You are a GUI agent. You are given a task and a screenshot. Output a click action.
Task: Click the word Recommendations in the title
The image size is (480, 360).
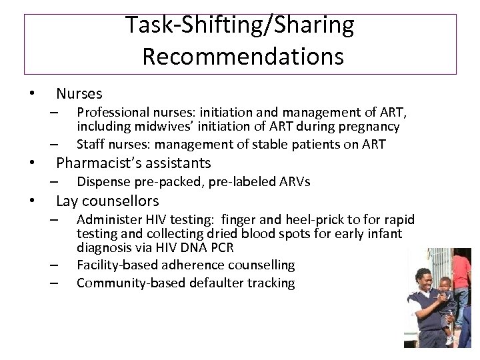click(x=243, y=57)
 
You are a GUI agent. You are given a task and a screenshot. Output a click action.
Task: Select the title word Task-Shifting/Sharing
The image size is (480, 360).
click(x=240, y=25)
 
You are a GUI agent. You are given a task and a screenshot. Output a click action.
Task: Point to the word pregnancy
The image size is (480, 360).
click(x=369, y=126)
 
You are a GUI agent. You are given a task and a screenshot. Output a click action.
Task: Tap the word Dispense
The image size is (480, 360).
click(x=104, y=181)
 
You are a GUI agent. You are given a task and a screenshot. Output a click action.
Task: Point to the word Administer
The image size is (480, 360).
click(x=109, y=219)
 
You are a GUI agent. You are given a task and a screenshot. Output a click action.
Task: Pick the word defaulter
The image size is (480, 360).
click(x=213, y=283)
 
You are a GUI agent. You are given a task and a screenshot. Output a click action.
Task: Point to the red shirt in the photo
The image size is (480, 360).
click(x=467, y=267)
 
